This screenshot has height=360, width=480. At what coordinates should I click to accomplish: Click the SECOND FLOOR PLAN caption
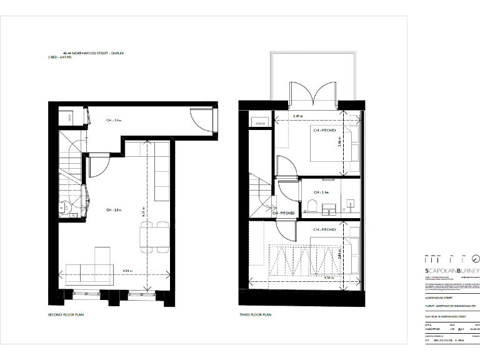tap(66, 314)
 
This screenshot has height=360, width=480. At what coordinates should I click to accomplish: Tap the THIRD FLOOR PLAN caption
tap(254, 314)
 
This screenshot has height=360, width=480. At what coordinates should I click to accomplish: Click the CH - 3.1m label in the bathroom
tap(321, 192)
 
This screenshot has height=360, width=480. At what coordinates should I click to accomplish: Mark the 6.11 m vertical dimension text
tap(143, 212)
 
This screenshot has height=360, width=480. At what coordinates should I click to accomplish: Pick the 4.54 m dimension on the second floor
tap(127, 271)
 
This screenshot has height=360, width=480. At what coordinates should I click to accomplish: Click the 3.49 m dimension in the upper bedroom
tap(298, 116)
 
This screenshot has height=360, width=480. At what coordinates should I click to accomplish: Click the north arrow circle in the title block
tap(475, 259)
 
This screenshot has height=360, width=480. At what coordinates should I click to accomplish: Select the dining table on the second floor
tap(154, 237)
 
